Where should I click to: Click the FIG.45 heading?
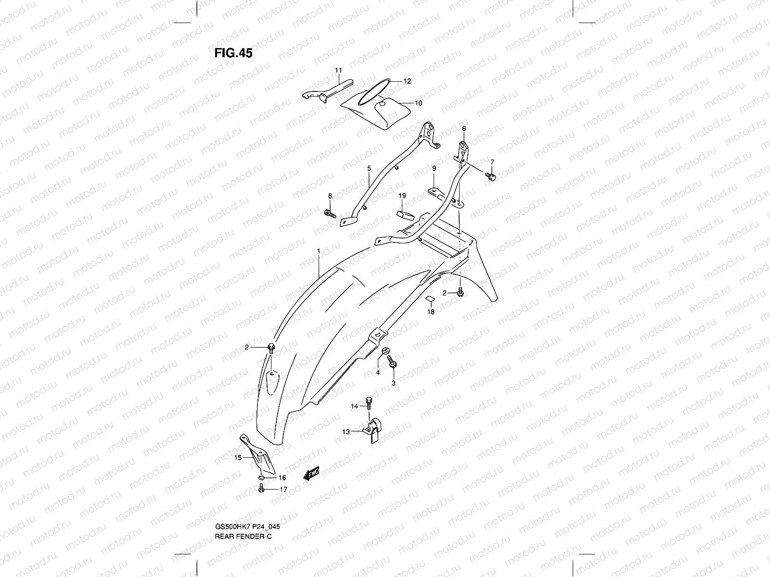[x=233, y=53]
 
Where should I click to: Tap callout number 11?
[x=338, y=71]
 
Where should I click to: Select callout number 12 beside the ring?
[x=407, y=81]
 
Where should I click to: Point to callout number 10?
[x=418, y=103]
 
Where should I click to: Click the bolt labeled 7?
[x=490, y=177]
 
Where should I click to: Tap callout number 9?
[x=434, y=168]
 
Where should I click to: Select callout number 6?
[x=464, y=129]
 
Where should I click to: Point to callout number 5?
[x=369, y=169]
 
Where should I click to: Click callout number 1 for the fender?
[x=319, y=251]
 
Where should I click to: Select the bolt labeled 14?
[x=369, y=401]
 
